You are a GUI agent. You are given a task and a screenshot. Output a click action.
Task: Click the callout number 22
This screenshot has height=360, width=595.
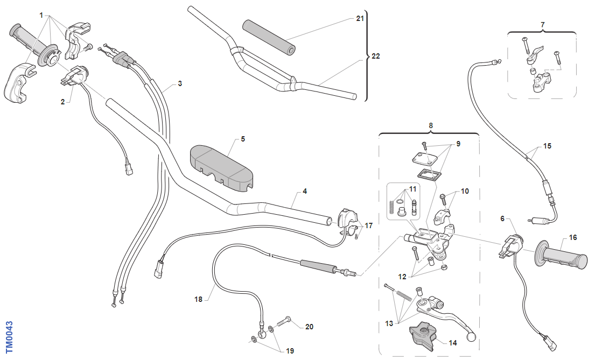click(x=376, y=56)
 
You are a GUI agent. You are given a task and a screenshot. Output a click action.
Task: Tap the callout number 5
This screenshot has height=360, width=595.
click(x=243, y=139)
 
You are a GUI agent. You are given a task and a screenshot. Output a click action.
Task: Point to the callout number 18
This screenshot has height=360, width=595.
click(x=198, y=299)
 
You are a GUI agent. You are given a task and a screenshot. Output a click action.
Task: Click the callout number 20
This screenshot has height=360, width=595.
click(x=309, y=327)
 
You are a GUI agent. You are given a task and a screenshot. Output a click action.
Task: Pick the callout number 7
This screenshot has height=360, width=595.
click(x=542, y=24)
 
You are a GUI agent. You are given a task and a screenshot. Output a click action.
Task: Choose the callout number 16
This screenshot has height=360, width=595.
click(x=572, y=237)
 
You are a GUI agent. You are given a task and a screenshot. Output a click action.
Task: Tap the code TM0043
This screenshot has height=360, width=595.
click(x=8, y=337)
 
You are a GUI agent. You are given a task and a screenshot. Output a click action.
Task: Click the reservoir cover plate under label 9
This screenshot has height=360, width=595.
click(x=424, y=157)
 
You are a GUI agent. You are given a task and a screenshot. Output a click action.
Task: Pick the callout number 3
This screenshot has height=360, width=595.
click(x=180, y=83)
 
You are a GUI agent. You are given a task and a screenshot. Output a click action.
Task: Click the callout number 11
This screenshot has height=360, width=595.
click(x=413, y=188)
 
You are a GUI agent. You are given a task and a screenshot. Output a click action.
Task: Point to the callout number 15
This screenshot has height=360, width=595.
click(x=547, y=146)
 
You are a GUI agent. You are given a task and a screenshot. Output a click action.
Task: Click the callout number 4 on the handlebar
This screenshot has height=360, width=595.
click(x=305, y=191)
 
